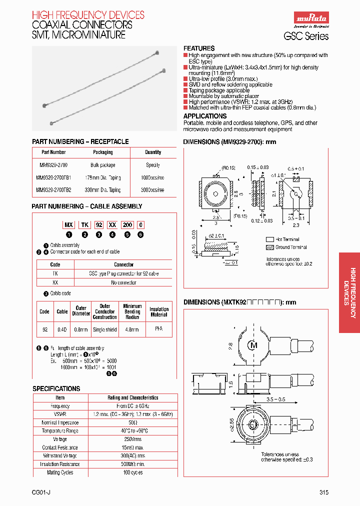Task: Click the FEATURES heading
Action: pos(199,48)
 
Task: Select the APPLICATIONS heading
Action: pos(205,116)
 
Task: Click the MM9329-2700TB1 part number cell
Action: pos(53,177)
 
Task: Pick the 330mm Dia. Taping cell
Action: pos(102,190)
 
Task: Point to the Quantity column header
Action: pos(152,152)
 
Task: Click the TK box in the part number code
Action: pos(85,225)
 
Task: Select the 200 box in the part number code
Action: pos(128,225)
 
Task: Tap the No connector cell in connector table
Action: pos(123,282)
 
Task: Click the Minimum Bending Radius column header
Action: pos(132,311)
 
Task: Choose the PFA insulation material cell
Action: pos(159,329)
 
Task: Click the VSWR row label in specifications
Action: pos(60,414)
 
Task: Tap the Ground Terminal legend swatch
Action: pos(270,247)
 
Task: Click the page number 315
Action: pos(323,492)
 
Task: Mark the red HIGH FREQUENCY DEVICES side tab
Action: pos(349,292)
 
